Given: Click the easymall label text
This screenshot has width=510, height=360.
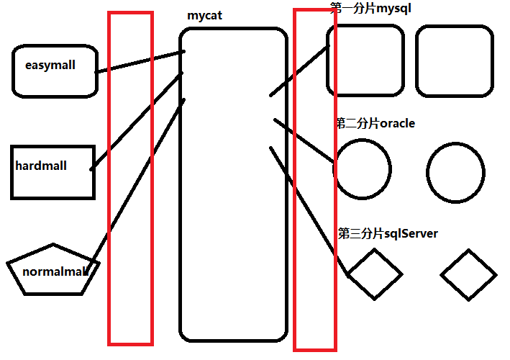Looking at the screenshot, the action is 50,66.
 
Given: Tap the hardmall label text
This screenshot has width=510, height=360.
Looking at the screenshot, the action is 41,166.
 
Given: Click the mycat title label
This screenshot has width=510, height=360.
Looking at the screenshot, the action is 204,14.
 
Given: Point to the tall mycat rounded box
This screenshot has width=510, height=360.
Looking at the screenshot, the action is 233,216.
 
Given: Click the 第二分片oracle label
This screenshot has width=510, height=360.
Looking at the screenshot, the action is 375,123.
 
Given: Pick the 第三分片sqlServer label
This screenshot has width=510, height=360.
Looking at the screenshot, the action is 388,233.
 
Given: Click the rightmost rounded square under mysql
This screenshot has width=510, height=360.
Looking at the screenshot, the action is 455,61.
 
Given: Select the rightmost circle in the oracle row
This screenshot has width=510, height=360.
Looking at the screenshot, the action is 455,171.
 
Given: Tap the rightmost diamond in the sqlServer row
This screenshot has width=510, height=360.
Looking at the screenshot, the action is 469,274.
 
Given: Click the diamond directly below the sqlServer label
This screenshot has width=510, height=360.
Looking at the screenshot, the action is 374,274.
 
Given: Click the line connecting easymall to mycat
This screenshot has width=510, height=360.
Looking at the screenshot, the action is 140,62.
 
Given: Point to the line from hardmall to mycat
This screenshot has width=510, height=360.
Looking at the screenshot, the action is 137,121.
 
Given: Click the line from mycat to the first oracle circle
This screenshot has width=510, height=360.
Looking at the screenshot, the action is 304,140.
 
